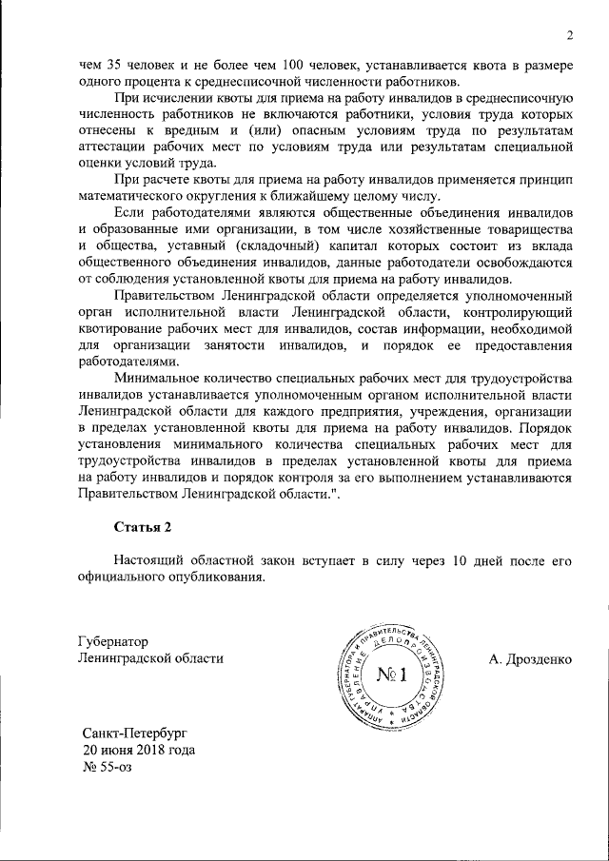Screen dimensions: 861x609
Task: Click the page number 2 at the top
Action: coord(568,37)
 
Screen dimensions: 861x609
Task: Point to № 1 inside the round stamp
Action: coord(391,676)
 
